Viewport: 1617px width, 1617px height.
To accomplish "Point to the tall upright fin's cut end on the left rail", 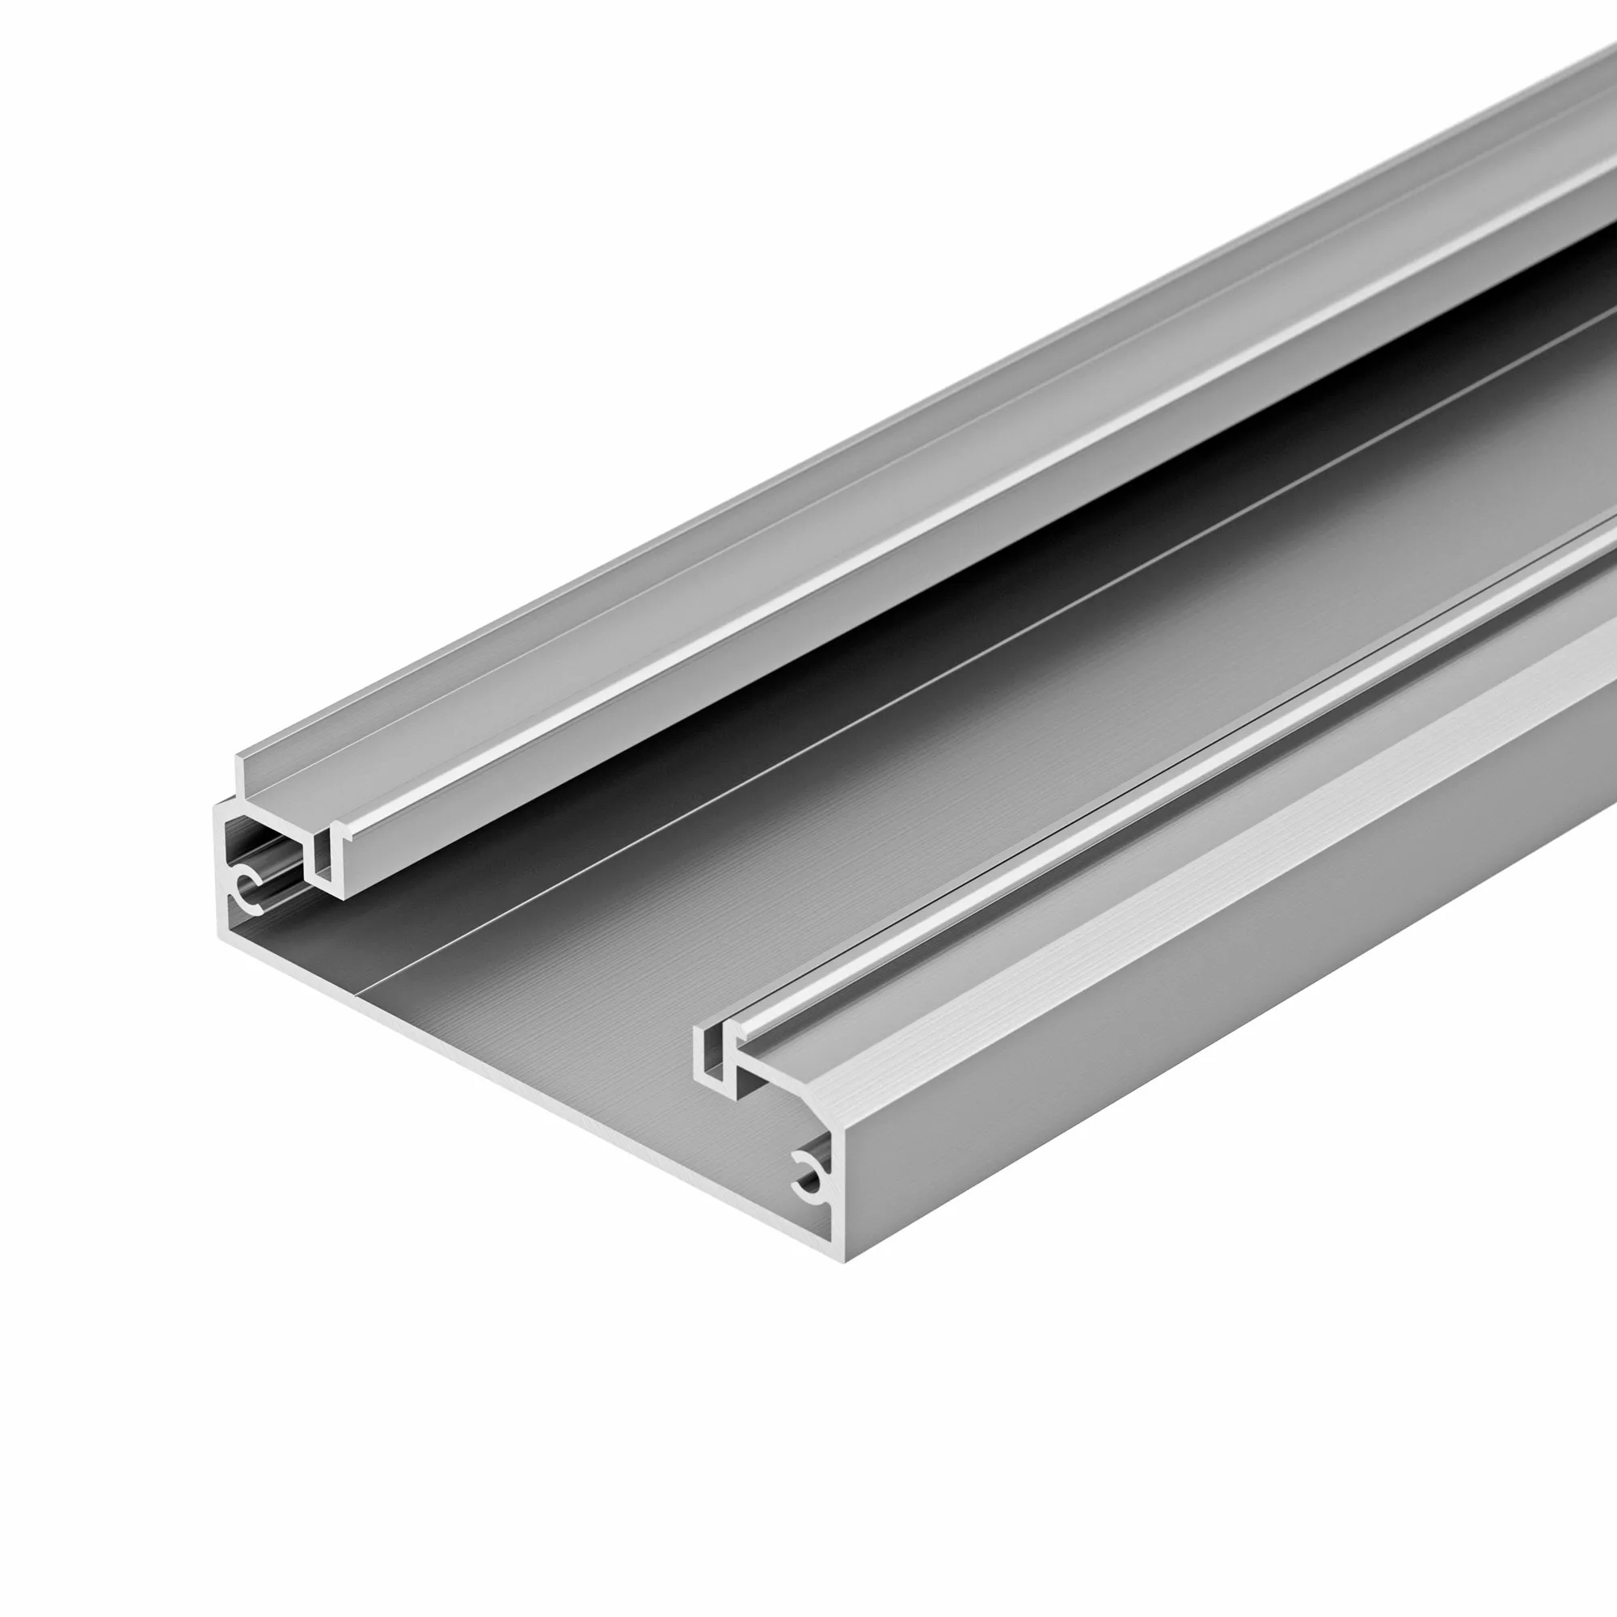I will [241, 774].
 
